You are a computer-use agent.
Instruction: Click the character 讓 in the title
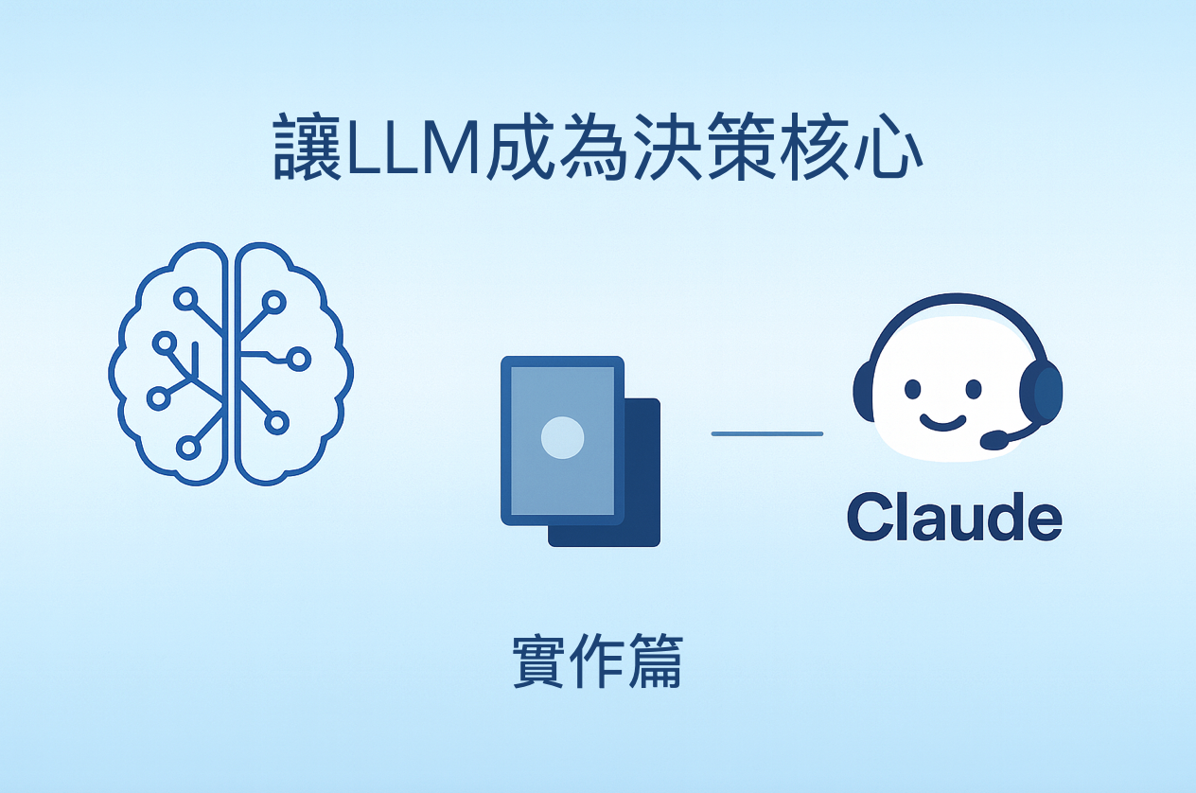[307, 147]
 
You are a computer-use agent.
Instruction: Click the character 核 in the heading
[814, 147]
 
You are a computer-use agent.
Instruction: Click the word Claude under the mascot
[955, 517]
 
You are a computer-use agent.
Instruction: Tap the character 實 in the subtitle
[538, 661]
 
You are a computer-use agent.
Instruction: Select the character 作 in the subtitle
[597, 661]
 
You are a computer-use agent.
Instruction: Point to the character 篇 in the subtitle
[656, 661]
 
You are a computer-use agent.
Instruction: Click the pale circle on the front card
[562, 438]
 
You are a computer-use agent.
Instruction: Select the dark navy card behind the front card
[640, 472]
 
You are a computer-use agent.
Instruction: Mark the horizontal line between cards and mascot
[767, 434]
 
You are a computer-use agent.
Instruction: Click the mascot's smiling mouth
[942, 422]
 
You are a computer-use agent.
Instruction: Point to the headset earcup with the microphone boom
[1040, 393]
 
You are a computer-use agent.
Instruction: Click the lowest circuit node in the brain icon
[188, 448]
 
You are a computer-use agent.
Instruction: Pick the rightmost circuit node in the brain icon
[299, 359]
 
